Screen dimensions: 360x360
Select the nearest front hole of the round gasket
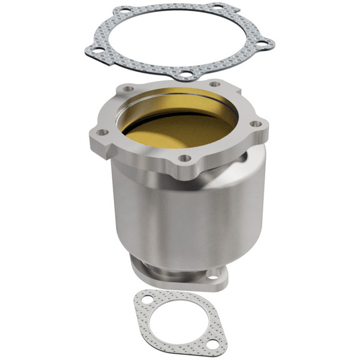188,75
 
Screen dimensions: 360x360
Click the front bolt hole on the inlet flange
185,158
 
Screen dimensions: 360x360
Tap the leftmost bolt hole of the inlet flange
103,132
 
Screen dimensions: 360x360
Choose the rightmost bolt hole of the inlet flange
256,124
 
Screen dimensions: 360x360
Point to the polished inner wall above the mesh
180,99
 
